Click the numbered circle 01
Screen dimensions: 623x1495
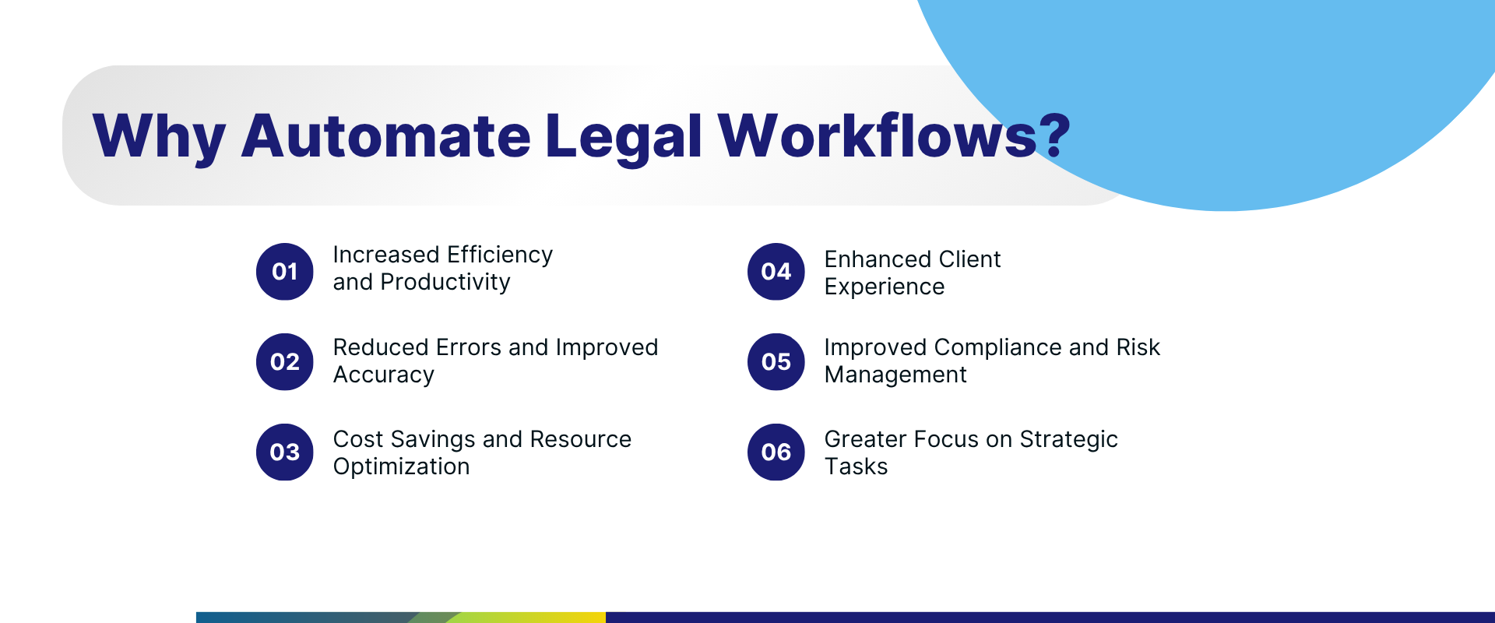[x=285, y=272]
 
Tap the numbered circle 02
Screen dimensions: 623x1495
[x=285, y=362]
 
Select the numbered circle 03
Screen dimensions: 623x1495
[x=285, y=452]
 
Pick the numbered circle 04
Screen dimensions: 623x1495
[x=776, y=272]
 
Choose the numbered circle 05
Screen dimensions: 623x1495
[x=776, y=362]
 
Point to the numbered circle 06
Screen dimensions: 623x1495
[x=776, y=452]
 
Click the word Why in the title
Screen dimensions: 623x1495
[x=159, y=137]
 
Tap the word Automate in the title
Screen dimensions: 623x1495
[x=385, y=137]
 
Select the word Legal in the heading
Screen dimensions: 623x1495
[x=623, y=137]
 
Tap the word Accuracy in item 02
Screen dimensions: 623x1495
[x=384, y=375]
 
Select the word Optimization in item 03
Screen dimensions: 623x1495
[x=401, y=466]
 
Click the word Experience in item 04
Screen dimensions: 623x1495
[x=884, y=287]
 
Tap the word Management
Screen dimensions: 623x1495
[x=895, y=375]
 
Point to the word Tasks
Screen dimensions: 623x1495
[x=856, y=466]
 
